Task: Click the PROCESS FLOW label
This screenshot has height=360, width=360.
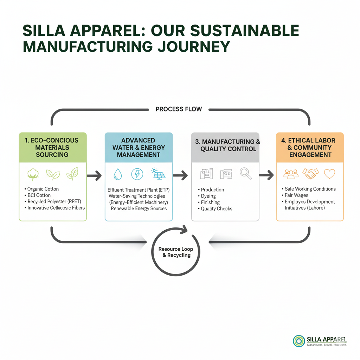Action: pos(179,109)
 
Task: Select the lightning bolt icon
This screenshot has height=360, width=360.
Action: pos(137,174)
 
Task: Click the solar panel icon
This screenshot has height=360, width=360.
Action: pos(157,174)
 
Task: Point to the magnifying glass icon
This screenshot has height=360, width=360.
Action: pos(245,173)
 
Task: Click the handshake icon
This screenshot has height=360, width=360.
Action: pos(311,173)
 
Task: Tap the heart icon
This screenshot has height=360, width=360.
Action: pos(329,174)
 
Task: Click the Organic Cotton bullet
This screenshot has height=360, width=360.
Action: pos(43,189)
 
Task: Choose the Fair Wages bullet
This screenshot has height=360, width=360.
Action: pos(296,195)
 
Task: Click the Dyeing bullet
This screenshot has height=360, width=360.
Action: pos(208,196)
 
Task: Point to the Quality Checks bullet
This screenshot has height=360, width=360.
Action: pos(216,208)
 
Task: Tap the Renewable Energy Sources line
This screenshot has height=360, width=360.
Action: pos(139,208)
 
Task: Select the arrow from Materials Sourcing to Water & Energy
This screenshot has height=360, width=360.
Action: pos(94,175)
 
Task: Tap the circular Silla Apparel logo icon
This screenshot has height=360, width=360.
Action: pos(299,341)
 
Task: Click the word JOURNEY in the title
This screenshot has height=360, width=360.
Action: pos(191,47)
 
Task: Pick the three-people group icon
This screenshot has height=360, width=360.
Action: pos(291,174)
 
